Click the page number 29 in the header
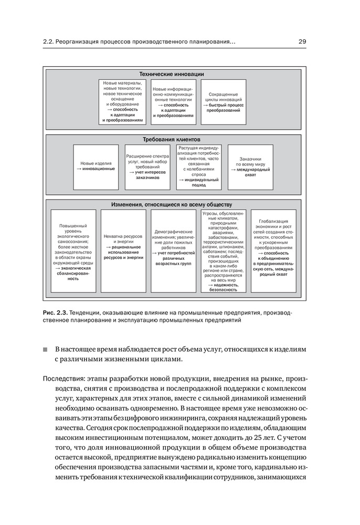(303, 41)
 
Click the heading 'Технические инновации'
(172, 74)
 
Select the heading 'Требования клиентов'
(172, 140)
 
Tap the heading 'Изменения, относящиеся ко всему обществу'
(172, 204)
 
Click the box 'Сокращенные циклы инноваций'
(223, 102)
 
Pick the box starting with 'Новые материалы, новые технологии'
(122, 102)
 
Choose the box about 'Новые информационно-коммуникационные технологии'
(173, 102)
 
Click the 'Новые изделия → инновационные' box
(96, 166)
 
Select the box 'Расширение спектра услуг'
(147, 166)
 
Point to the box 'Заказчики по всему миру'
(250, 166)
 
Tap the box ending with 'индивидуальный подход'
(199, 166)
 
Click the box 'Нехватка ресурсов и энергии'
(123, 251)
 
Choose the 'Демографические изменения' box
(173, 251)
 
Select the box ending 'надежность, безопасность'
(223, 251)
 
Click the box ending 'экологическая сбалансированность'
(73, 251)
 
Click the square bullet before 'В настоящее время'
(46, 350)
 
